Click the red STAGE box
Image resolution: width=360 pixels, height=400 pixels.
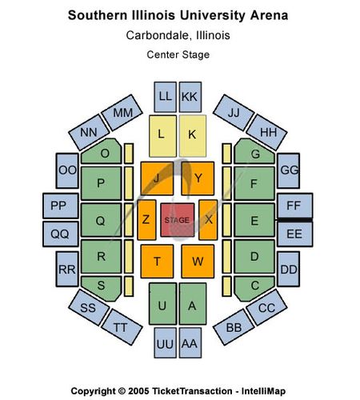(178, 220)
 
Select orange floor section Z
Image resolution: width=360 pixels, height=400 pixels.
(146, 220)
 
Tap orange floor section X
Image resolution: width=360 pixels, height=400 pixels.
(208, 220)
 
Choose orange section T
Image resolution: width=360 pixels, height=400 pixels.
(157, 262)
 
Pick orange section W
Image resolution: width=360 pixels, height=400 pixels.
(198, 262)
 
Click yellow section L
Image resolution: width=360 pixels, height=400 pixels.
(162, 136)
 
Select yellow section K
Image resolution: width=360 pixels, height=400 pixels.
(193, 136)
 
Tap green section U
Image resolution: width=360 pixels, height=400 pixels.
(162, 304)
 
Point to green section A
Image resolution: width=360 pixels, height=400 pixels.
(193, 304)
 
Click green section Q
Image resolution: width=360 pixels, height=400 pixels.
(101, 220)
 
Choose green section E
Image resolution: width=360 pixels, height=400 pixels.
(254, 220)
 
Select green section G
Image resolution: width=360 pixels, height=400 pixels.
(254, 151)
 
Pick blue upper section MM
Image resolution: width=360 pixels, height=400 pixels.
(122, 113)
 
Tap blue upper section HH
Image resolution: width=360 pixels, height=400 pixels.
(266, 132)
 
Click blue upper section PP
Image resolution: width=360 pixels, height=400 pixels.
(61, 206)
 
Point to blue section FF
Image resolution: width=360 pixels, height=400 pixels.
(295, 206)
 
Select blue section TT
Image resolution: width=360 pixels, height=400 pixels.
(122, 327)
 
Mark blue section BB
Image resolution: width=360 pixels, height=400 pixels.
(234, 327)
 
